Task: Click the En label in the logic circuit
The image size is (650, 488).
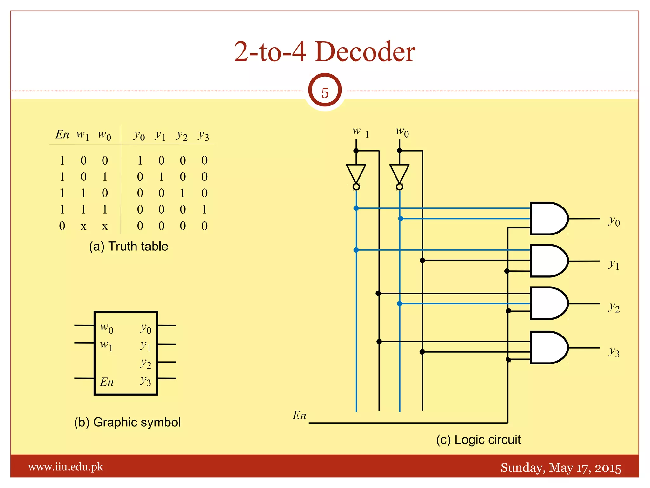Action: point(299,416)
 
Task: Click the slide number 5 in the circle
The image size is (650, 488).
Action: point(325,93)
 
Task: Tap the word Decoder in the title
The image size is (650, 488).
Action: point(365,51)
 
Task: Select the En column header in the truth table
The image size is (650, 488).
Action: point(62,134)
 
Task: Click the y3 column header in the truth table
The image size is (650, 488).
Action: point(203,135)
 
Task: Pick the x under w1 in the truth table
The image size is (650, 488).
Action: point(83,227)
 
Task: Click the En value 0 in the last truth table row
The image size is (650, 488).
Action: point(62,226)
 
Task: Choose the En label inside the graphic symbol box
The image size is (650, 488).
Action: point(107,382)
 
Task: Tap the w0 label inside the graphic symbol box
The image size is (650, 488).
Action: point(107,328)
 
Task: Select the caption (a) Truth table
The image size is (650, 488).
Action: point(129,247)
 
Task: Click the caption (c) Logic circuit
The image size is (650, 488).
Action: point(478,440)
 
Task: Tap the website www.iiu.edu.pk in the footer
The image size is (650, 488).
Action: point(66,467)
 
